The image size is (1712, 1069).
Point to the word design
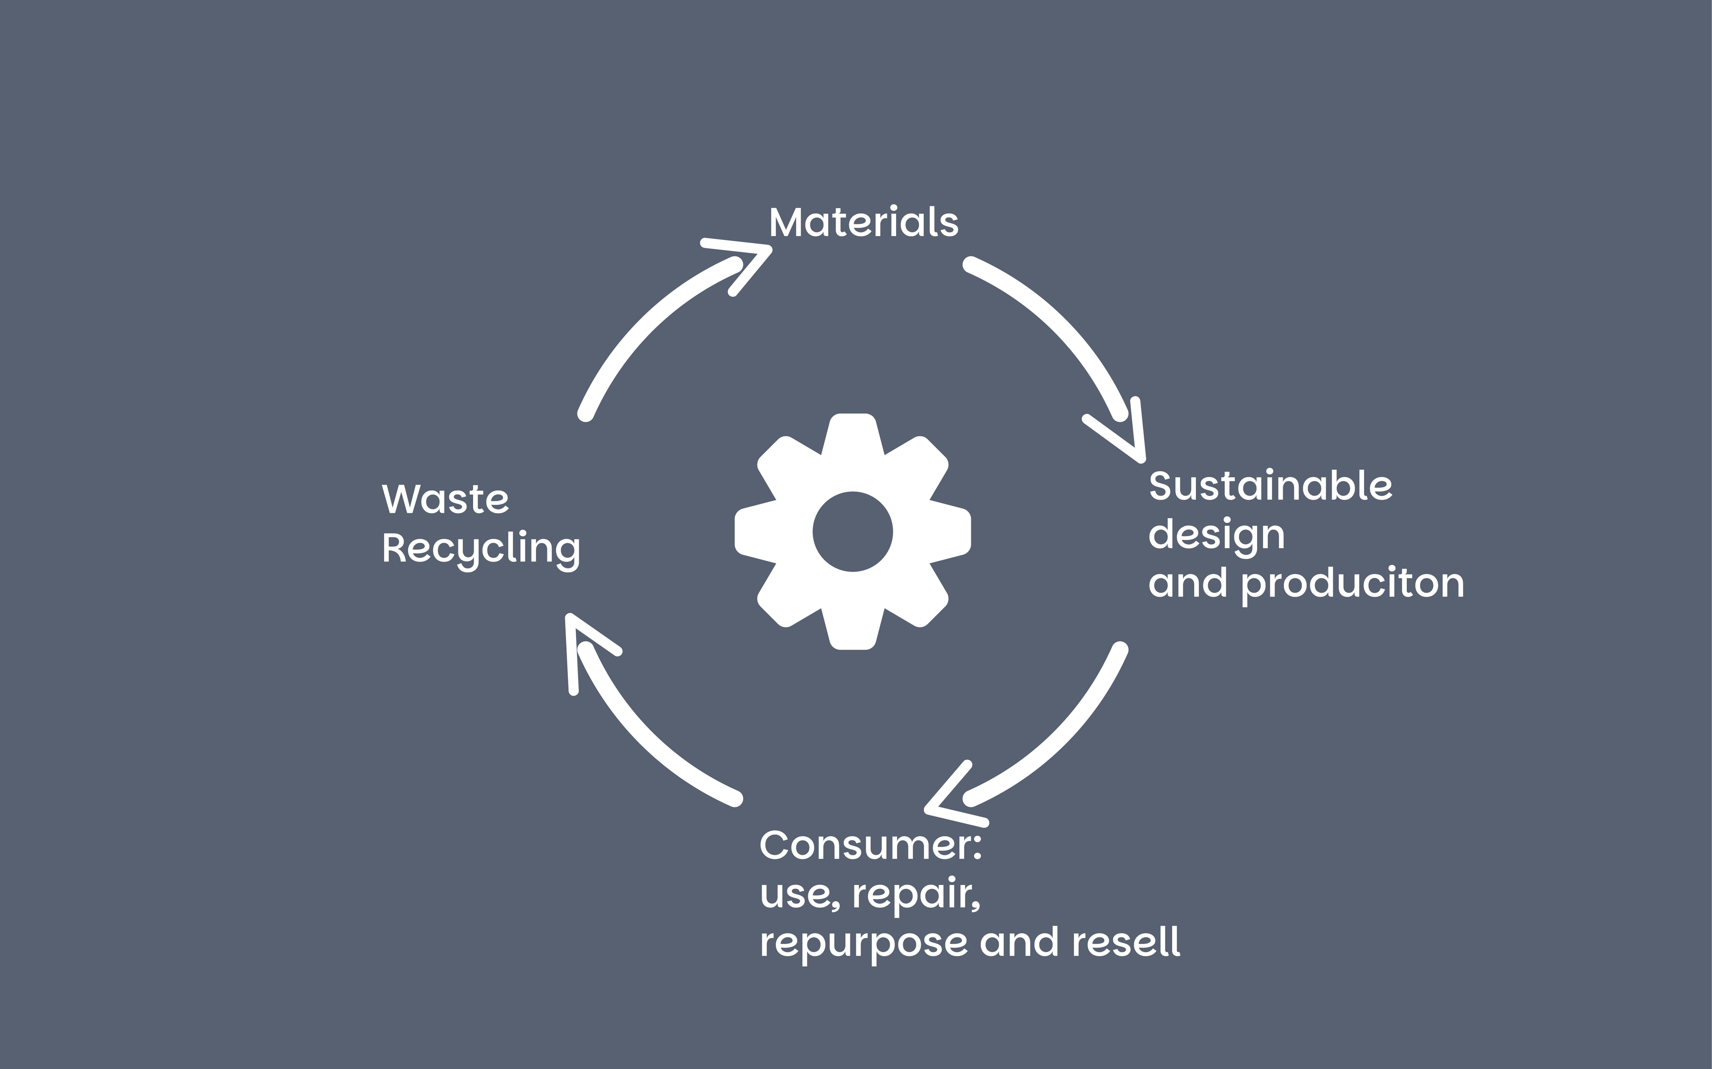pos(1216,535)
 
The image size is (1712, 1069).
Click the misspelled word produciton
pos(1352,584)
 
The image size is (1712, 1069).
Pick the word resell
pos(1125,943)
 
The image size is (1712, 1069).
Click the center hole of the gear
pos(853,532)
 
